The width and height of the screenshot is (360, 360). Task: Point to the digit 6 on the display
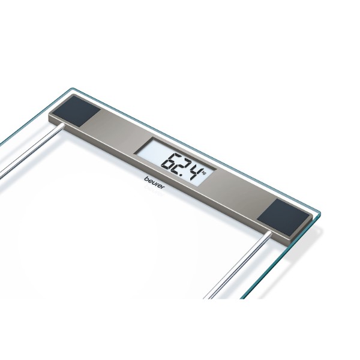click(171, 161)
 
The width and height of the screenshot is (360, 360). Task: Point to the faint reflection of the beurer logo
click(152, 189)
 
